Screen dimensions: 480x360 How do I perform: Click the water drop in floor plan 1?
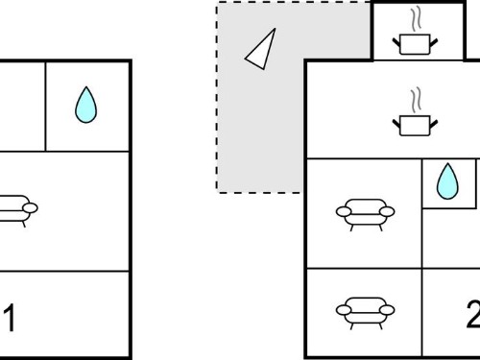85,105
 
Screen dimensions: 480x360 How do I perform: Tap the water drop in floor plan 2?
447,181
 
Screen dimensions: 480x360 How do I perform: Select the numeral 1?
11,318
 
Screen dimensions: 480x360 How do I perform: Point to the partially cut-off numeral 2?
473,314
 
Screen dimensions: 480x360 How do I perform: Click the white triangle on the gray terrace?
262,51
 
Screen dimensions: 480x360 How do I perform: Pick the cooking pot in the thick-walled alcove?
415,44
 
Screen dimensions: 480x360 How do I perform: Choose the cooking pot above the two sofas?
415,126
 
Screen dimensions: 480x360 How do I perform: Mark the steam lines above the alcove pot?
416,19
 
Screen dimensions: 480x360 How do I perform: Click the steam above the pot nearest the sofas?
416,101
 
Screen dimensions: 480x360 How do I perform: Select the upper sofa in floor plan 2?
365,214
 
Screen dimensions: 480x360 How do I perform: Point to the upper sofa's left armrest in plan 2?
344,211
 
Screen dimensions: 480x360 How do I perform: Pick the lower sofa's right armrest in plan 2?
387,310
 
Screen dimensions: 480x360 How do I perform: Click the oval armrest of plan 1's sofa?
31,208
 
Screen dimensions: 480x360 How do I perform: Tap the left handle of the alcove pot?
396,42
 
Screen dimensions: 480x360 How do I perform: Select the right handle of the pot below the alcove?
434,124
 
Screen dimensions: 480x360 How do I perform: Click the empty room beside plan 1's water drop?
22,107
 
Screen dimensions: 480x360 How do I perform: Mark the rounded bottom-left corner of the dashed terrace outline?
219,191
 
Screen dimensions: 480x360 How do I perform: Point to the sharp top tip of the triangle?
275,29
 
